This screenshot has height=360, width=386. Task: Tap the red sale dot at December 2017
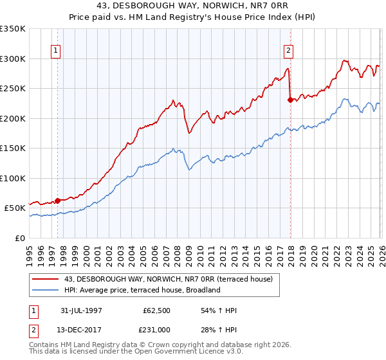pyautogui.click(x=290, y=100)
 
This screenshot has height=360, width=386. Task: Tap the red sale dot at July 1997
pyautogui.click(x=58, y=200)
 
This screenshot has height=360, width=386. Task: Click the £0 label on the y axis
pyautogui.click(x=19, y=238)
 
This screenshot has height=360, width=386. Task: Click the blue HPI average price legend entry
pyautogui.click(x=142, y=290)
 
